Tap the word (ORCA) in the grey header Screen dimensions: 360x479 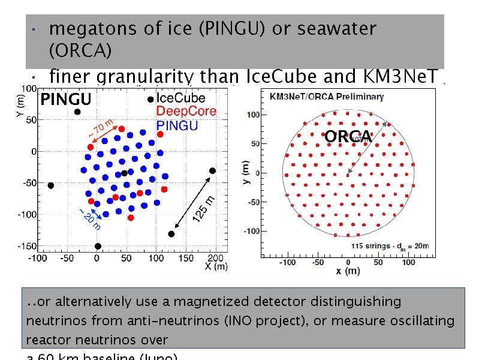[x=80, y=51]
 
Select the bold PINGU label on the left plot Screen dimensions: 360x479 [x=65, y=99]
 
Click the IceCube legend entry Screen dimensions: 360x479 [x=180, y=98]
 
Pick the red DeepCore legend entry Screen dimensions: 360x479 [x=182, y=112]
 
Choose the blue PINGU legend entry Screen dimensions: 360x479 [x=177, y=125]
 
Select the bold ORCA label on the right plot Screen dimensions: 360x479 [x=348, y=137]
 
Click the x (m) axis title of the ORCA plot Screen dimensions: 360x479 [x=348, y=271]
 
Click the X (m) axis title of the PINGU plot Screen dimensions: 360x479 [x=216, y=266]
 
